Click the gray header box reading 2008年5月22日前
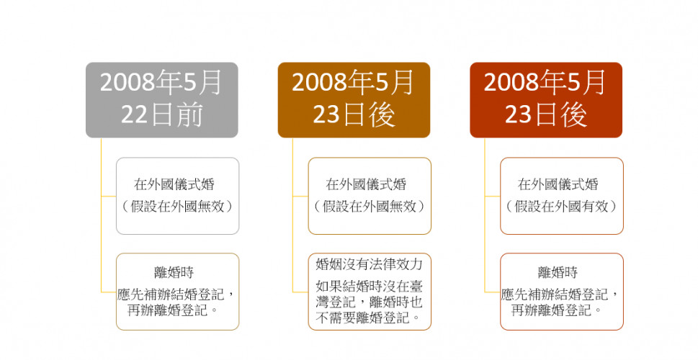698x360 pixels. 161,99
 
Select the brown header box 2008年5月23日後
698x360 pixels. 354,99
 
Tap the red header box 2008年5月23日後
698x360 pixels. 546,99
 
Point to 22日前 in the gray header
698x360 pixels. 161,115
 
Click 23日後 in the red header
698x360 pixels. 546,115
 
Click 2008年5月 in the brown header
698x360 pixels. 353,83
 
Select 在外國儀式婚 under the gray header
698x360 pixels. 174,184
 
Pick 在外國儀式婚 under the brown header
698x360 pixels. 366,184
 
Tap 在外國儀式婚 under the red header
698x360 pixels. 558,184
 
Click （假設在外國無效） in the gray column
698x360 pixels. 177,206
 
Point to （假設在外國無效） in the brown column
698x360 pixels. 370,206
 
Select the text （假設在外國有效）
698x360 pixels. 561,206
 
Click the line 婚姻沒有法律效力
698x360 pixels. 369,264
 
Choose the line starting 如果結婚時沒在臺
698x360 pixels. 369,286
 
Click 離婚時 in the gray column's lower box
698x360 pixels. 174,272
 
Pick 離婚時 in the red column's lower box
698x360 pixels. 558,272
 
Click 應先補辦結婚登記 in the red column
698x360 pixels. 554,294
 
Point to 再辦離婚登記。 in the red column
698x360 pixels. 558,310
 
